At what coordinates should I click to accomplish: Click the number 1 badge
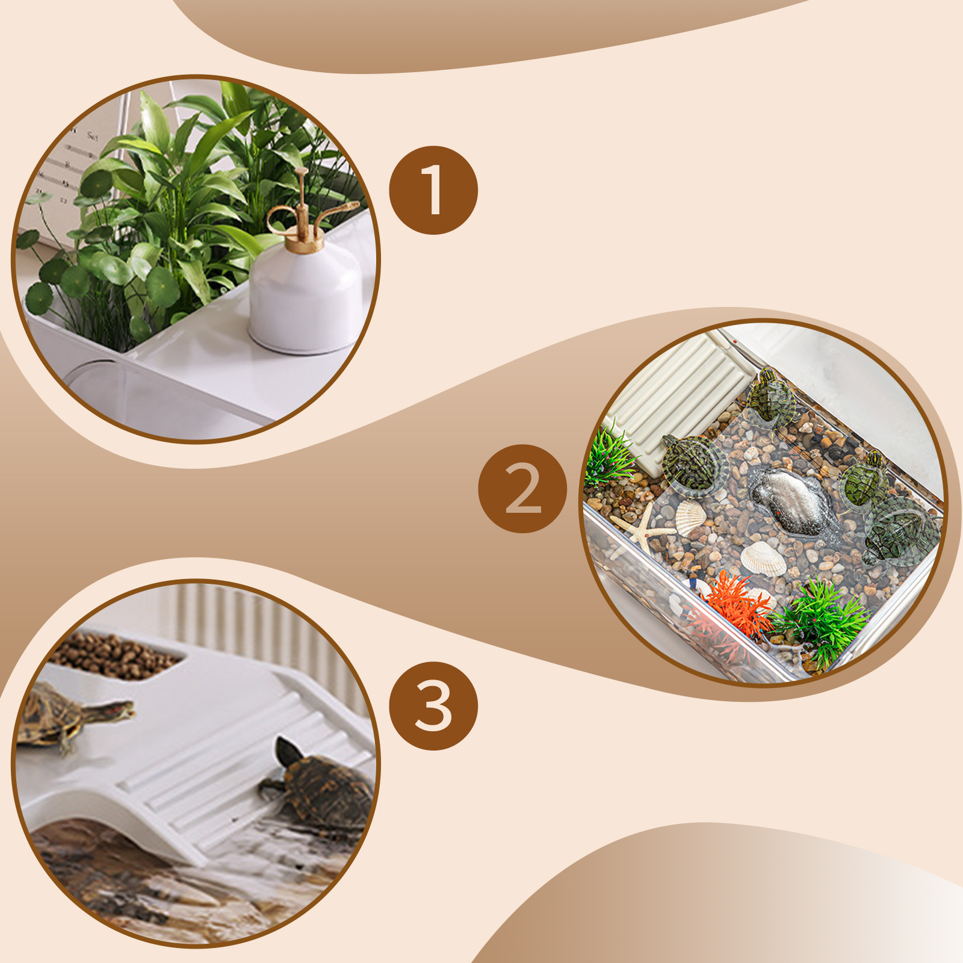[x=433, y=190]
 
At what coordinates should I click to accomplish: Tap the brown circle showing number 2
[x=522, y=489]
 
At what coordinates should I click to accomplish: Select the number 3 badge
[x=433, y=706]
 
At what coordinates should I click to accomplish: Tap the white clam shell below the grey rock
[x=763, y=559]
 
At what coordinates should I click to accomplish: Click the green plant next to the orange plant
[x=822, y=620]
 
